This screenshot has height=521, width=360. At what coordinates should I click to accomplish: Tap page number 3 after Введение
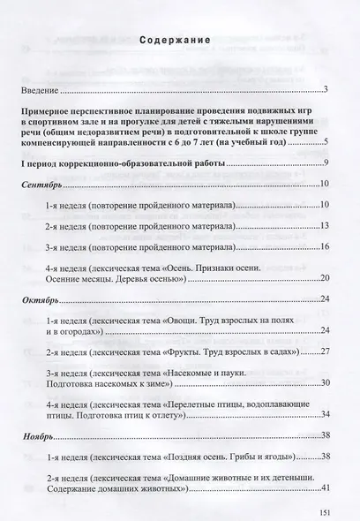326,90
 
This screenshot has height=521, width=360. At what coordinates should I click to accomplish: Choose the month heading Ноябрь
40,461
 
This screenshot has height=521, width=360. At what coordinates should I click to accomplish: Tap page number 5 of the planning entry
326,141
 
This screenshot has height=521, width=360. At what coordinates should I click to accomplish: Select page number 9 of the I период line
326,164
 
